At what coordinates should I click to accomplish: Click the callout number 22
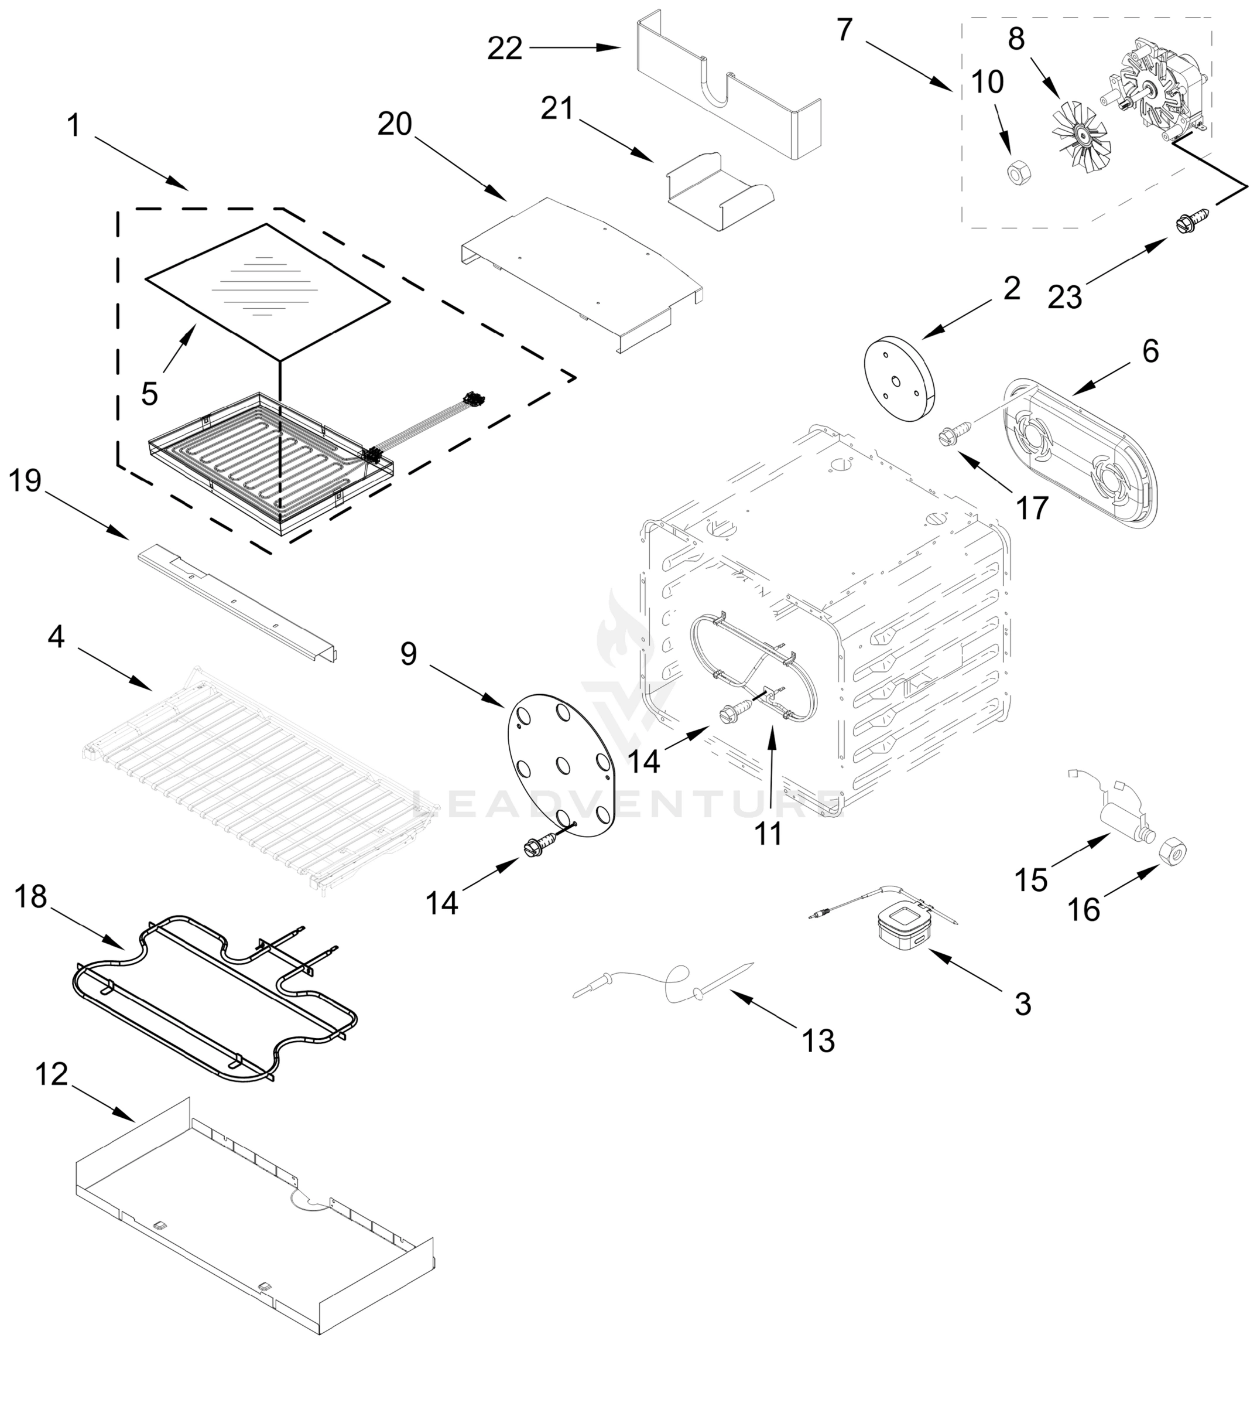point(504,49)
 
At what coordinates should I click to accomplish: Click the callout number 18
point(30,897)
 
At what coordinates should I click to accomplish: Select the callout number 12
point(51,1074)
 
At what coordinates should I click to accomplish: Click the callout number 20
point(395,124)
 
